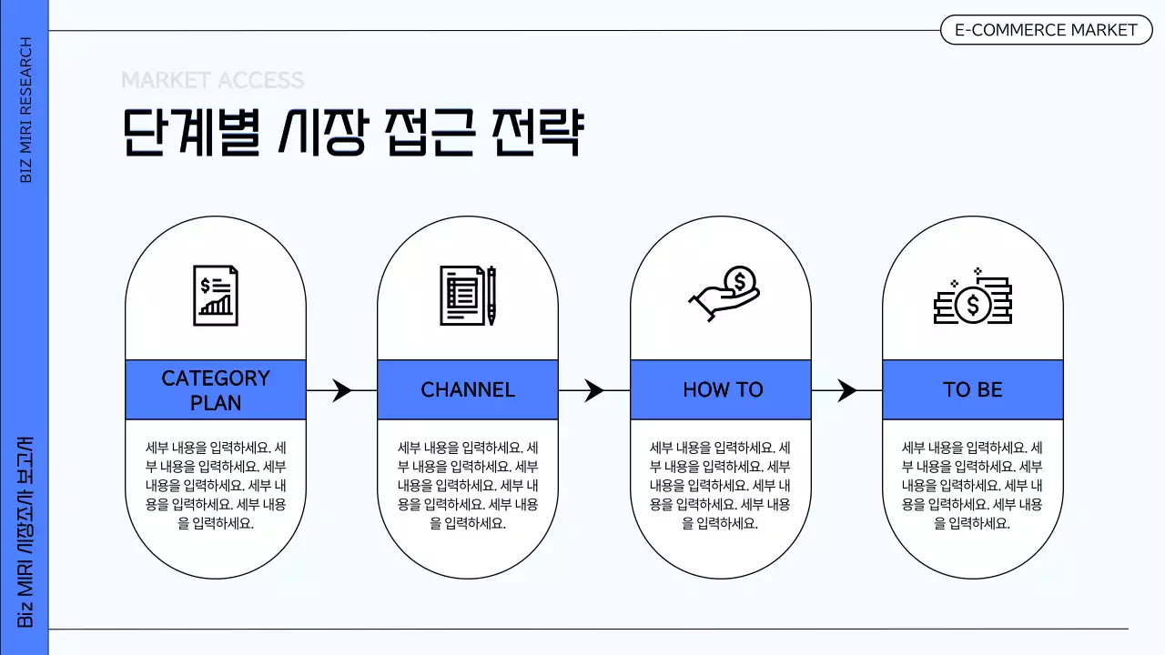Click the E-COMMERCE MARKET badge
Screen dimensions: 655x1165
pos(1046,30)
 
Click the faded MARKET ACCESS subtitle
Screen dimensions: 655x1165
pos(213,80)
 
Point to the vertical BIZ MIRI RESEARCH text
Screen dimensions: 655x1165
pos(25,109)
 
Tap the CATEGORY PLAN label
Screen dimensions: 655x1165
pos(216,389)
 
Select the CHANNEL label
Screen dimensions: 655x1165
pos(468,389)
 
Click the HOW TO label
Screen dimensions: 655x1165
pos(722,389)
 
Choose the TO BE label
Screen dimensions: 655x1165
pos(972,389)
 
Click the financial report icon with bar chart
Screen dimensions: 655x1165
pos(216,295)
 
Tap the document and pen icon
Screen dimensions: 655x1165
pos(468,296)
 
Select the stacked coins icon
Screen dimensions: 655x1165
pos(973,297)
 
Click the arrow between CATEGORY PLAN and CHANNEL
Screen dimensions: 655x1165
pos(341,390)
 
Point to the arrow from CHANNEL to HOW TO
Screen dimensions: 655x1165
pos(593,390)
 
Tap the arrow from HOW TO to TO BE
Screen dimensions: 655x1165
pos(846,390)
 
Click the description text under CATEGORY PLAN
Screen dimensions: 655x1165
pos(216,485)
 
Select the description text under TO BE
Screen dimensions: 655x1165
pos(972,485)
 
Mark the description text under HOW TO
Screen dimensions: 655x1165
pos(720,485)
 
